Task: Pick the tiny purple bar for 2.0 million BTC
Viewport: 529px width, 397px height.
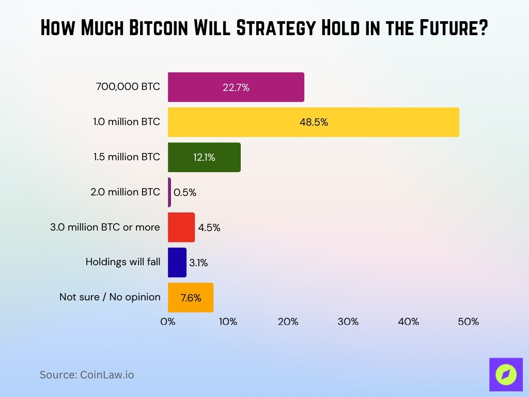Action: [x=169, y=192]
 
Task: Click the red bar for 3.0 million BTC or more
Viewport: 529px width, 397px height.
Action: [x=181, y=227]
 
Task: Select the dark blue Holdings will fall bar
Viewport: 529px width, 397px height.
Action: [x=177, y=263]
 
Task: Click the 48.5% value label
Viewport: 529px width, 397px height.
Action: [x=314, y=123]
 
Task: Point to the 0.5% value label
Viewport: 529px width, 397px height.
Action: [x=185, y=193]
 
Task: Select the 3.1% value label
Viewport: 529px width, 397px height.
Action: [x=198, y=263]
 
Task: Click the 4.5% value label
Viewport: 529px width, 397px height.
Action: [x=209, y=227]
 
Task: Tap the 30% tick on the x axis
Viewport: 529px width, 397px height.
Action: [x=348, y=322]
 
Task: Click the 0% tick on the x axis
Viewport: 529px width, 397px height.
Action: [x=168, y=322]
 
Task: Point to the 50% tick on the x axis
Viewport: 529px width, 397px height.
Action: [x=468, y=322]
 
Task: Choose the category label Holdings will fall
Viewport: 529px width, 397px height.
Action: [x=123, y=262]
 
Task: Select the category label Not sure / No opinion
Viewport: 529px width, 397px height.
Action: [x=110, y=297]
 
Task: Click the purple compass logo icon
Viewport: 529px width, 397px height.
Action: [x=506, y=374]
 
